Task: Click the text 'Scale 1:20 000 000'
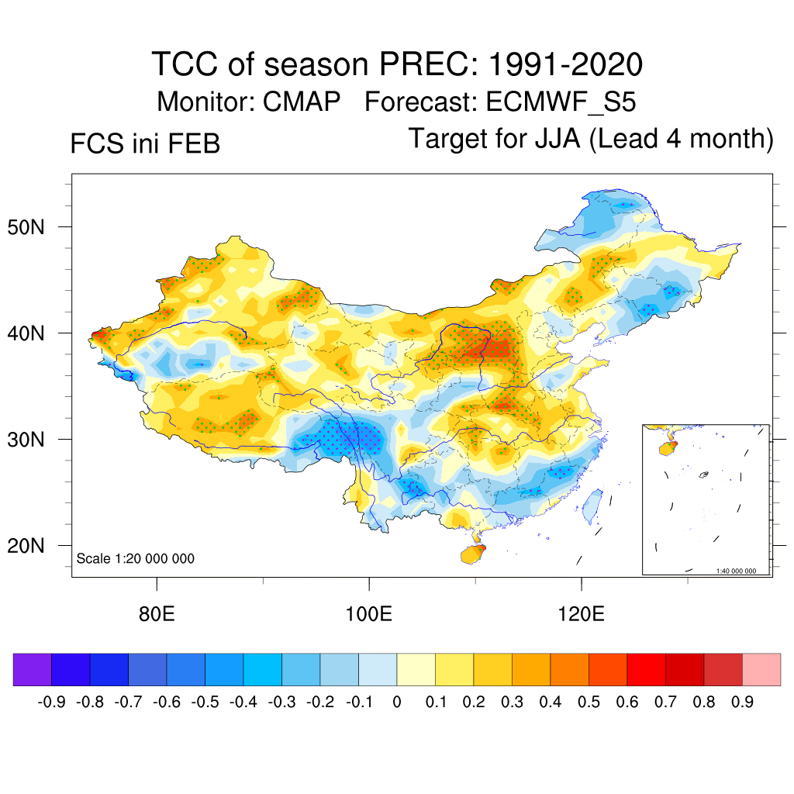[136, 559]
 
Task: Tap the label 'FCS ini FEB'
[145, 144]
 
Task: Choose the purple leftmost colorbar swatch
[33, 670]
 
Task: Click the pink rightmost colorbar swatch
[761, 670]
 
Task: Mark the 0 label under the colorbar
[397, 703]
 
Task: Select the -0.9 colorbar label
[52, 703]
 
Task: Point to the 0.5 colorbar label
[589, 703]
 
